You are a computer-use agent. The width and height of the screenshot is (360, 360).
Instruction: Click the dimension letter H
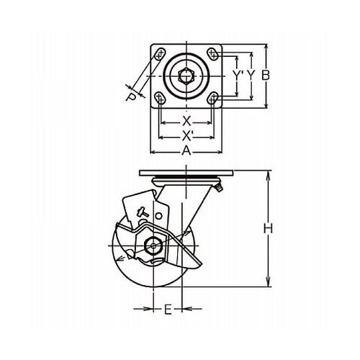(268, 228)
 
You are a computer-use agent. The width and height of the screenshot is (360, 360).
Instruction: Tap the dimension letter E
(168, 309)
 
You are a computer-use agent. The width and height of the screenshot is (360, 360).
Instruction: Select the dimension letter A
(186, 151)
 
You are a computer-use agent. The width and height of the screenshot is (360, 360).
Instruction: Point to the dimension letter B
(266, 76)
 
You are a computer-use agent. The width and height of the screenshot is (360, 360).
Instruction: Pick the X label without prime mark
(186, 122)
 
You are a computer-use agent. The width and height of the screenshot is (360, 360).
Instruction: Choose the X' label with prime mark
(187, 136)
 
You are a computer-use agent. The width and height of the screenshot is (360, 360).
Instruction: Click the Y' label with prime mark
(238, 76)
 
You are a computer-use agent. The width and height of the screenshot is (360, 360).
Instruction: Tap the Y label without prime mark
(251, 76)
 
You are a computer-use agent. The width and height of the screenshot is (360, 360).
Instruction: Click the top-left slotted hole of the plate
(160, 54)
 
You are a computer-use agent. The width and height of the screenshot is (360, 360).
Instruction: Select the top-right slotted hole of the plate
(212, 54)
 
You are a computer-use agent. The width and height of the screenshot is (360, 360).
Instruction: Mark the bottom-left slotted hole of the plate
(160, 99)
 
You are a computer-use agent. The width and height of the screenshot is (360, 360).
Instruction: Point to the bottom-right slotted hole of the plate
(213, 99)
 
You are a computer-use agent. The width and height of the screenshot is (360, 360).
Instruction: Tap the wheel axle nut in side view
(153, 246)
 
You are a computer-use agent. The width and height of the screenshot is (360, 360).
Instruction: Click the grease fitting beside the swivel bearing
(220, 188)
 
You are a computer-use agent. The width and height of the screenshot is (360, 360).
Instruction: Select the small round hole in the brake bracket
(158, 216)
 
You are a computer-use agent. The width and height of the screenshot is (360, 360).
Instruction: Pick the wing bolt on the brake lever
(142, 213)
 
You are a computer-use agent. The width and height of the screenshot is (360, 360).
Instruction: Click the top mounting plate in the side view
(186, 173)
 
